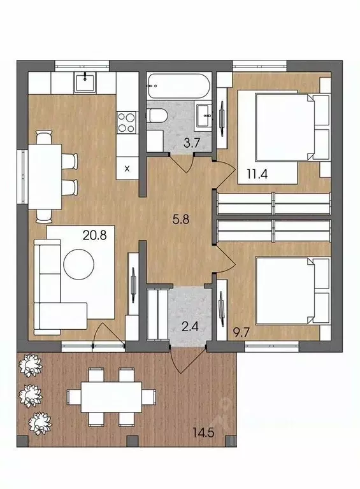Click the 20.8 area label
click(x=94, y=235)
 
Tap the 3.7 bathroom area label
click(x=191, y=143)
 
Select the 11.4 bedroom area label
click(x=257, y=173)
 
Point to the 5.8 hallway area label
click(x=181, y=220)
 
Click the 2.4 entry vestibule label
click(x=191, y=328)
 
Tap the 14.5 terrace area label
click(x=203, y=432)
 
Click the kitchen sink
click(x=85, y=82)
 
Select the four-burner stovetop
click(x=127, y=122)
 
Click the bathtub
click(x=179, y=86)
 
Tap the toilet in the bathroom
click(x=157, y=116)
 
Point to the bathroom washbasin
click(x=203, y=115)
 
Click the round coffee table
click(x=78, y=264)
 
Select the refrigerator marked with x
click(x=127, y=167)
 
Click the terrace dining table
click(x=112, y=397)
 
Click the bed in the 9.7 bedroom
click(x=292, y=290)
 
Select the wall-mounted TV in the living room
click(x=134, y=285)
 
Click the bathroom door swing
click(x=182, y=162)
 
